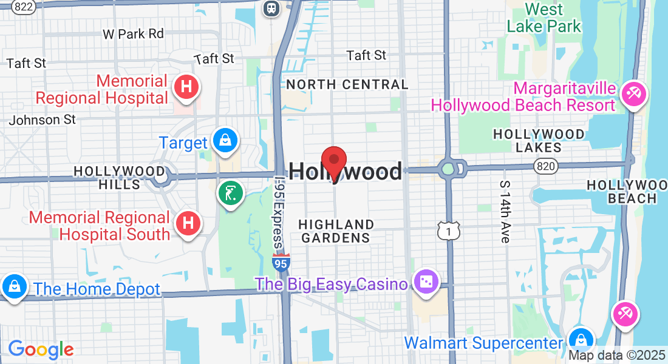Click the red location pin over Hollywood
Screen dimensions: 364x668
(x=333, y=161)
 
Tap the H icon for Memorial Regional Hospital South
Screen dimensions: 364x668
(x=188, y=223)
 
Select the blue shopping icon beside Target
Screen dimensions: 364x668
(x=225, y=141)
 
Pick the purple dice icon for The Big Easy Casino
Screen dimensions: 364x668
(x=425, y=282)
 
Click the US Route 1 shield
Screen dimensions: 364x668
(x=448, y=230)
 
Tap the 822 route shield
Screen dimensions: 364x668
(x=23, y=7)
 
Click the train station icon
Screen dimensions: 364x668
(x=270, y=8)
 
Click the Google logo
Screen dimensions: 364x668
(x=41, y=349)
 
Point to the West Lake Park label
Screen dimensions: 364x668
(x=544, y=18)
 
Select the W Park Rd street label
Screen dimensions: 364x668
(x=134, y=33)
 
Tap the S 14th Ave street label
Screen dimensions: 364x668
(x=504, y=211)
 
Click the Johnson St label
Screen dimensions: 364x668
(x=43, y=120)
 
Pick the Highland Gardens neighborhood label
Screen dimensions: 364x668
(x=336, y=231)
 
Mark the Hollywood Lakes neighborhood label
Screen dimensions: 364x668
(x=539, y=140)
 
